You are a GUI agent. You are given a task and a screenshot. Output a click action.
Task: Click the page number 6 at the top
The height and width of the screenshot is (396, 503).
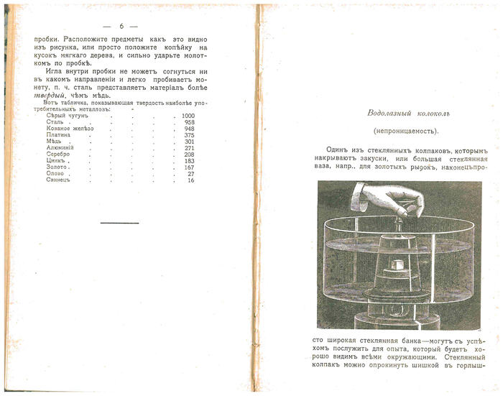coord(121,27)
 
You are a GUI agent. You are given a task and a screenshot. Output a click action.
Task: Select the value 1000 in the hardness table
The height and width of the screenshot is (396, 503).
coord(188,116)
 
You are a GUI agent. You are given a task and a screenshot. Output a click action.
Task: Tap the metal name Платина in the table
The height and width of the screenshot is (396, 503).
coord(58,135)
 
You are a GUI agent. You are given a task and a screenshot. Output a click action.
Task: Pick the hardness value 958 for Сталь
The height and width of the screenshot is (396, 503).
coord(190,122)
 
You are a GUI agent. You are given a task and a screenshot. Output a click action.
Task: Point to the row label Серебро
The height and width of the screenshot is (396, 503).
coord(59,155)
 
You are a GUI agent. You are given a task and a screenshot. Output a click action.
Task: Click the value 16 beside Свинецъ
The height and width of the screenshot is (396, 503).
coord(191,180)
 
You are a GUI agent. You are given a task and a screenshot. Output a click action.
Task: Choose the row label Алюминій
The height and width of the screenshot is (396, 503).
coord(61,148)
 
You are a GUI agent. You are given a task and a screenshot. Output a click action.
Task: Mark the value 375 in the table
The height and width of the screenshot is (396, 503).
coord(190,135)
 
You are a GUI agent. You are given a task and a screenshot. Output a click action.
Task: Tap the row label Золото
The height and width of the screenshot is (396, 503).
coord(57,167)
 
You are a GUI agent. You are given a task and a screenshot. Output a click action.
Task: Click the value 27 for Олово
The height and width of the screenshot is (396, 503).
coord(191,174)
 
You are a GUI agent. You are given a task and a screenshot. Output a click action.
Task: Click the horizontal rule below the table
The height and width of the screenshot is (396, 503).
coord(119,223)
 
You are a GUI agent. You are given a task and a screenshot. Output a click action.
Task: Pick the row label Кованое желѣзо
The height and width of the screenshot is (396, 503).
coord(70,129)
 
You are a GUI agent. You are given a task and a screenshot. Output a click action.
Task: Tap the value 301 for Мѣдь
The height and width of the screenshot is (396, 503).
coord(190,142)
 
